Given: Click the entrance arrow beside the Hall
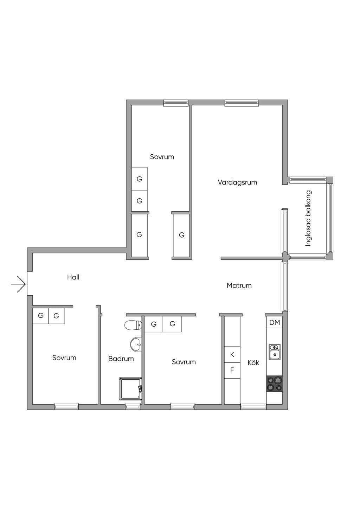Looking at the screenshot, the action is pos(18,284).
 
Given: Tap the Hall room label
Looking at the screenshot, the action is pos(73,277).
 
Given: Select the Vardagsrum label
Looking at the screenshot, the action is pos(237,182).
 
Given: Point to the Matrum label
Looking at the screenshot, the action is pos(239,285).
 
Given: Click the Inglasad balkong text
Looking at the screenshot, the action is pos(308,218).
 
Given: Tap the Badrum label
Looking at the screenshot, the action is pos(121,359).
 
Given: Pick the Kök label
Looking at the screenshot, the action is pos(253,362).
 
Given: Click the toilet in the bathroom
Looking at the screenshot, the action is pos(133,325).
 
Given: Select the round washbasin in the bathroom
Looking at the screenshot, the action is pos(136,345).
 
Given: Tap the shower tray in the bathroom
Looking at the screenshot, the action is pos(131,389).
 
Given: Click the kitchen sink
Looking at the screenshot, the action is pos(275,352).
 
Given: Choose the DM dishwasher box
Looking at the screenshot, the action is pos(275,322).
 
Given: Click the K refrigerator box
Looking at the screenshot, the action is pos(232,354).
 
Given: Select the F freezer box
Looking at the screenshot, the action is pos(232,370).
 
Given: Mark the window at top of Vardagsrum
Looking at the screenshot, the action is pos(242,103).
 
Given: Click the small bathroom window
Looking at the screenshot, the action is pos(133,406).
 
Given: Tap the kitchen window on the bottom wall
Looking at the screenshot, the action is pos(253,406).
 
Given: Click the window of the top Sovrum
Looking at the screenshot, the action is pos(176,103).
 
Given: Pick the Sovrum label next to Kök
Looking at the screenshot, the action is pos(184,362).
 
